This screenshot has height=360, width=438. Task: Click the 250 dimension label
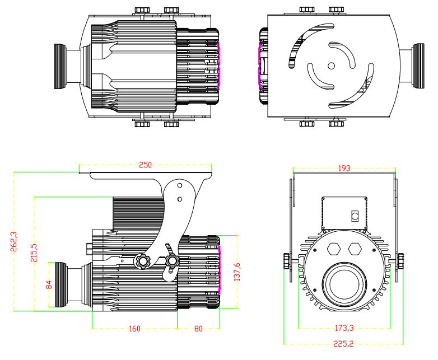pos(146,165)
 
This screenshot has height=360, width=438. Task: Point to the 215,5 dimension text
pos(35,254)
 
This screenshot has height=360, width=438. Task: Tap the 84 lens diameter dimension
pos(49,285)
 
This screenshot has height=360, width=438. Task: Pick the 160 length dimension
pos(134,329)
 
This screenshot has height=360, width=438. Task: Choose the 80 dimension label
pos(198,329)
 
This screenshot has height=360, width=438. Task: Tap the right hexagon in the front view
pos(355,249)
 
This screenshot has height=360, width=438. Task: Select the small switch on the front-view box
pos(354,216)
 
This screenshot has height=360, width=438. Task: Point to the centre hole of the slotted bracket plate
pos(331,66)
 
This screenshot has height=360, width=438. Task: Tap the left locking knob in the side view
pos(143,261)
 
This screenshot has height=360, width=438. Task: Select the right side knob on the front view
pos(401,260)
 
